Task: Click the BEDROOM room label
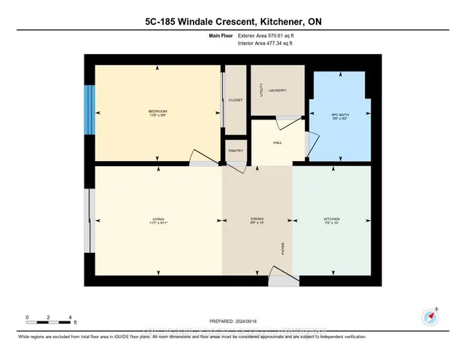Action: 158,111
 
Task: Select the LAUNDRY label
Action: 277,90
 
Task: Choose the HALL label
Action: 277,142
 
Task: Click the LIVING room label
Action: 158,219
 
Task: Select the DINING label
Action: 256,219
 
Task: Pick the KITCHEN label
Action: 332,219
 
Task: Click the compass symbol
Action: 430,317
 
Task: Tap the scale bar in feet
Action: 49,319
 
